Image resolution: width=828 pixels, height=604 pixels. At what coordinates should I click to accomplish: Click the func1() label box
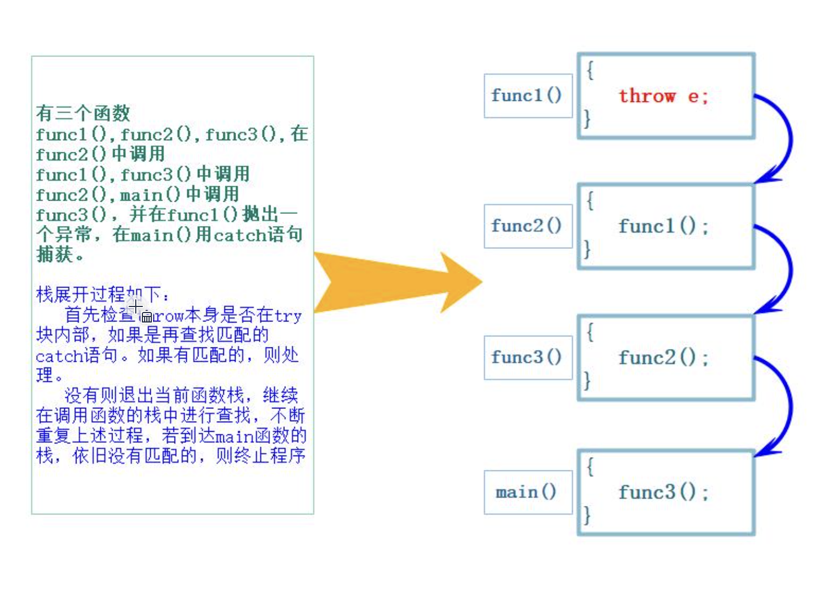(527, 96)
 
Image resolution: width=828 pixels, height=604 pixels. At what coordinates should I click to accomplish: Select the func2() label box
(527, 226)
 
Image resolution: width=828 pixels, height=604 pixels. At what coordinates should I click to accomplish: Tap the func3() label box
(527, 357)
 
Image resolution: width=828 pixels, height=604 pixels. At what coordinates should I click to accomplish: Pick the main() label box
(527, 492)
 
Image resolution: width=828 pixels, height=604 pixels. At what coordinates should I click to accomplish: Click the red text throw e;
(663, 96)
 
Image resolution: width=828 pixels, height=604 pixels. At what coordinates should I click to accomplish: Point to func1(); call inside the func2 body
(663, 227)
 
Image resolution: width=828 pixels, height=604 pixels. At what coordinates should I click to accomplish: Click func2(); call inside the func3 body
(663, 358)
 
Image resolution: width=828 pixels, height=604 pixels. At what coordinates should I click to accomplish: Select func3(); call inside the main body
(663, 493)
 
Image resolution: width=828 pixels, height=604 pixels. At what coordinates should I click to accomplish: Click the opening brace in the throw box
(590, 70)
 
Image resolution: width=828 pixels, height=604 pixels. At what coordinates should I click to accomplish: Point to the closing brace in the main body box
(587, 515)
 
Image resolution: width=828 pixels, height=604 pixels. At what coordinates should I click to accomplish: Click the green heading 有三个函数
(83, 114)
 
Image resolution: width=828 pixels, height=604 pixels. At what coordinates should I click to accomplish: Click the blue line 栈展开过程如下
(103, 294)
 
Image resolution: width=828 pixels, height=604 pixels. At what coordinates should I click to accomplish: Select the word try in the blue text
(288, 316)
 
